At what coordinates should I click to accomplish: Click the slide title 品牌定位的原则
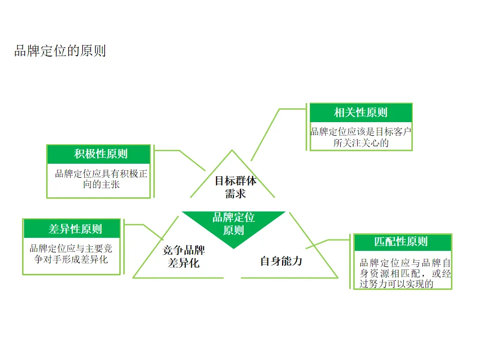(60, 51)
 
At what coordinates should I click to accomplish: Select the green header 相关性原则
(361, 112)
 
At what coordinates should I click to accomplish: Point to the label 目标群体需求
(235, 187)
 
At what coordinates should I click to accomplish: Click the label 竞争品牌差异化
(184, 256)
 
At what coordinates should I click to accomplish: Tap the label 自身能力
(281, 261)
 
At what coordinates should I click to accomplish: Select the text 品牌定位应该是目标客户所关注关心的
(361, 137)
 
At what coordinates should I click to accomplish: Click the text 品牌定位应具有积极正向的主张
(101, 179)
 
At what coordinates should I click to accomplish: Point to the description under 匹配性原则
(405, 273)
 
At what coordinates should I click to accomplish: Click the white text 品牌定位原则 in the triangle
(233, 223)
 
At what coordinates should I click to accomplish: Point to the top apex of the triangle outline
(231, 150)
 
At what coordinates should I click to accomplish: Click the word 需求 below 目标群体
(235, 193)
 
